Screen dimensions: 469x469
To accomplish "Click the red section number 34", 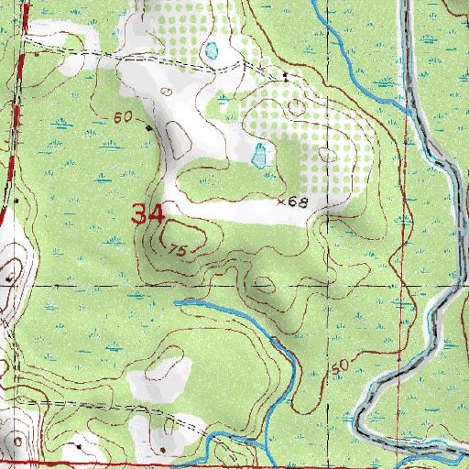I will pyautogui.click(x=147, y=214).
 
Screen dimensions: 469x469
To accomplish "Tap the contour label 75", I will pyautogui.click(x=177, y=250).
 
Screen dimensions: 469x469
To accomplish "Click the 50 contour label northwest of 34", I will pyautogui.click(x=125, y=119).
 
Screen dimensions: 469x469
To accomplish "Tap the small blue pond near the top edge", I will pyautogui.click(x=213, y=50).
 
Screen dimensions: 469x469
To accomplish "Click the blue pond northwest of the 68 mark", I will pyautogui.click(x=259, y=153).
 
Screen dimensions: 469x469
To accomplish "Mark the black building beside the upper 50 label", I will pyautogui.click(x=150, y=129).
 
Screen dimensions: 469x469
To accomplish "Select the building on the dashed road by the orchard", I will pyautogui.click(x=286, y=76).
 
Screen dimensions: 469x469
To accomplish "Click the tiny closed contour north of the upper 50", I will pyautogui.click(x=166, y=93).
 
